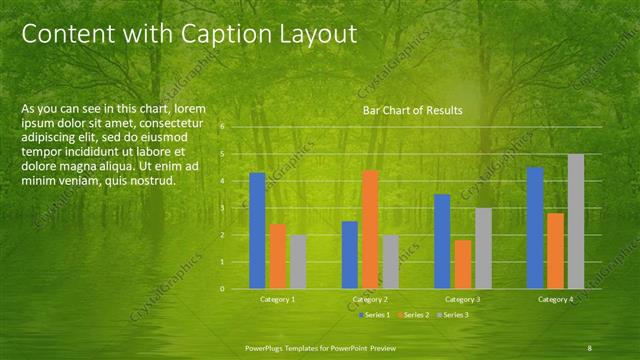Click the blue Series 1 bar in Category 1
[257, 231]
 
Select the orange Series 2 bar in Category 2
[370, 229]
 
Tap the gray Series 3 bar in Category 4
[576, 221]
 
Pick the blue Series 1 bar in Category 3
[443, 241]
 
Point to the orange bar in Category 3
[463, 264]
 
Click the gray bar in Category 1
[298, 262]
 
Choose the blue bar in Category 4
[535, 228]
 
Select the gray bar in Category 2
[390, 262]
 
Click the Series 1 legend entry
[373, 315]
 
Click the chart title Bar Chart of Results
[412, 111]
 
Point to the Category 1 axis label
[277, 299]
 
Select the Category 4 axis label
[555, 299]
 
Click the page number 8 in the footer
[589, 347]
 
